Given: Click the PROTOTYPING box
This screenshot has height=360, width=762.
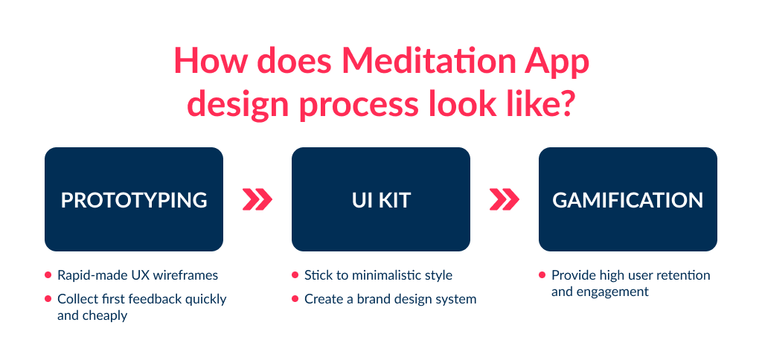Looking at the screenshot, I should click(x=134, y=199).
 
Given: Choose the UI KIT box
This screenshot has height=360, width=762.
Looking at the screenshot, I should click(x=380, y=199).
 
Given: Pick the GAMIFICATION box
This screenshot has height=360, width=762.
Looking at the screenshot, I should click(x=627, y=199).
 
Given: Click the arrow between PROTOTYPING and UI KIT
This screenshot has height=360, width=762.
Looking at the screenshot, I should click(x=257, y=199).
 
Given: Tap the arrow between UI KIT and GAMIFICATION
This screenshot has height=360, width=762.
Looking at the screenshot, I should click(x=505, y=199).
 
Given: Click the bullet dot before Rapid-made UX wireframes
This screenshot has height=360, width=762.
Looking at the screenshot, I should click(x=48, y=275).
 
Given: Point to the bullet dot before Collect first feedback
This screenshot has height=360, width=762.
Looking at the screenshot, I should click(x=48, y=299).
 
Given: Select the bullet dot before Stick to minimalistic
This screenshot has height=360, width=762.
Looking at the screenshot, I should click(x=295, y=275).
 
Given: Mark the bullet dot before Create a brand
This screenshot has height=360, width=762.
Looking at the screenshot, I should click(x=295, y=299).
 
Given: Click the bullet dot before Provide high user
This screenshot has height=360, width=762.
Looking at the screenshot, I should click(x=542, y=275).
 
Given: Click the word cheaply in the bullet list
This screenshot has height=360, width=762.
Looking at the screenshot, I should click(x=106, y=315).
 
